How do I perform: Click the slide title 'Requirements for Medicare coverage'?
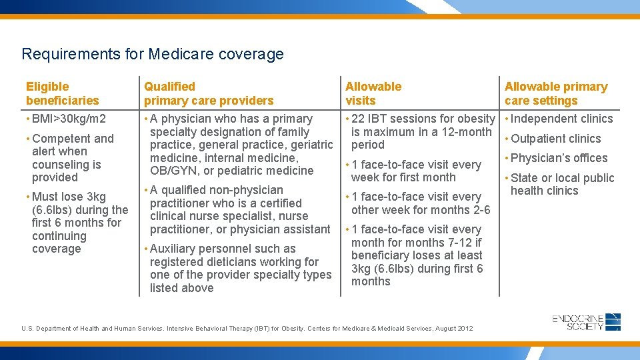coord(153,54)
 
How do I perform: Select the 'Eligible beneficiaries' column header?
coord(62,93)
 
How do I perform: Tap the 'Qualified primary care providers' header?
coord(209,93)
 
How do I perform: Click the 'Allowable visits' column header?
coord(373,93)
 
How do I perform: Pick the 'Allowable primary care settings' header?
coord(556,93)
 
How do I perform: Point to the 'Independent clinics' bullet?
coord(561,119)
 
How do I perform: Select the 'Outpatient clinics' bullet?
coord(555,139)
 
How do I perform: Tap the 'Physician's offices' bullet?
coord(559,158)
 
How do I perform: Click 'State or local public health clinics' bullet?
coord(561,184)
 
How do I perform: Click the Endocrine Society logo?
coord(587,323)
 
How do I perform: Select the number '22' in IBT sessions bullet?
coord(358,119)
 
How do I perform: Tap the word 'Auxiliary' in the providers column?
coord(176,249)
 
